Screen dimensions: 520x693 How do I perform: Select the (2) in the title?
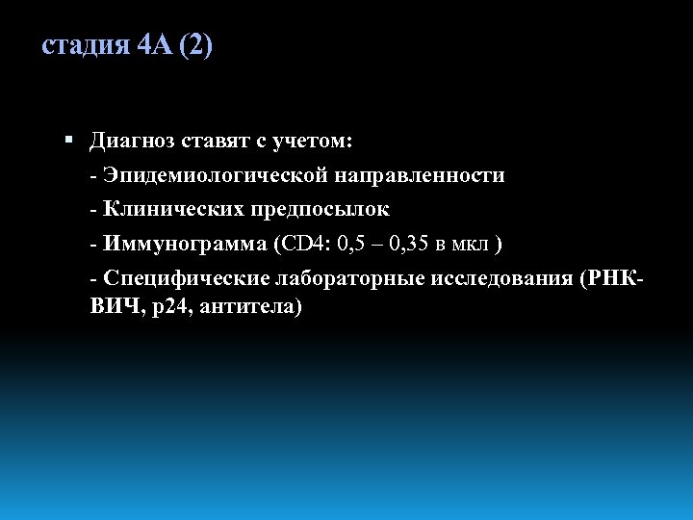[196, 46]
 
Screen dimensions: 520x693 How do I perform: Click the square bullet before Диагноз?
[67, 142]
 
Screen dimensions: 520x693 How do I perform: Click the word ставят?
[214, 143]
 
